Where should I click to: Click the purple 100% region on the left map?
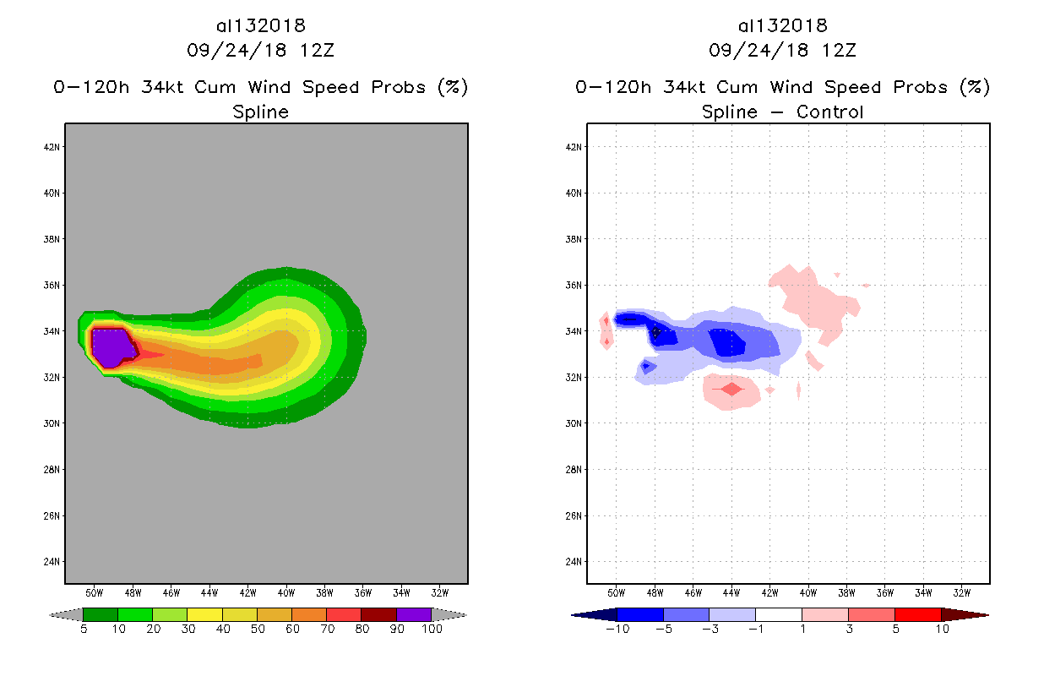coord(110,346)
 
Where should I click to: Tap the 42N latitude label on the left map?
coord(52,147)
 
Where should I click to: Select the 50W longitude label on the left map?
coord(94,591)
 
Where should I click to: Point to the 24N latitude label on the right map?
coord(574,562)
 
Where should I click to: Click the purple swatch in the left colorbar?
coord(414,614)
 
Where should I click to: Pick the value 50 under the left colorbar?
coord(257,630)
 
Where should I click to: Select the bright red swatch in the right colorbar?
coord(917,614)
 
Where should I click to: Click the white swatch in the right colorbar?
coord(778,614)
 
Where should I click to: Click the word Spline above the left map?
coord(261,112)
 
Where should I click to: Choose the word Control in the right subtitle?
coord(828,112)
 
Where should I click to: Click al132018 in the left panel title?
coord(260,26)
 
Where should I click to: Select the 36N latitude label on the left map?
coord(52,285)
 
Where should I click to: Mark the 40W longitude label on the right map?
coord(807,591)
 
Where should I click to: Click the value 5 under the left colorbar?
coord(84,630)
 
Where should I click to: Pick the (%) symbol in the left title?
coord(452,87)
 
